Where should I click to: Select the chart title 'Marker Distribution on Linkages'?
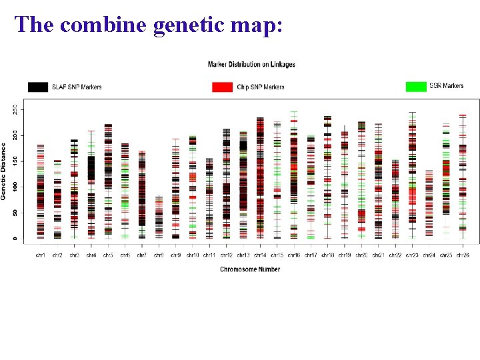251,65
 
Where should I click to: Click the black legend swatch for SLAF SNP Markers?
37,87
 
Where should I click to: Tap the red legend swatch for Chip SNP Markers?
222,87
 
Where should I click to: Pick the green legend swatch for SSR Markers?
416,86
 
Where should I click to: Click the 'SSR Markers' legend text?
446,86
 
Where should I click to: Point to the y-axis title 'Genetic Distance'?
4,171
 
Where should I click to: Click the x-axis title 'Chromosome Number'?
251,269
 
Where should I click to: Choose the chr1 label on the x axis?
40,255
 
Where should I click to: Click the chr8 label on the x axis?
159,255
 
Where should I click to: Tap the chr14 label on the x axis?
260,255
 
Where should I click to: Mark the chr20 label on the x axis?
361,255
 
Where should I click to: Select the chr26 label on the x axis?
463,255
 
